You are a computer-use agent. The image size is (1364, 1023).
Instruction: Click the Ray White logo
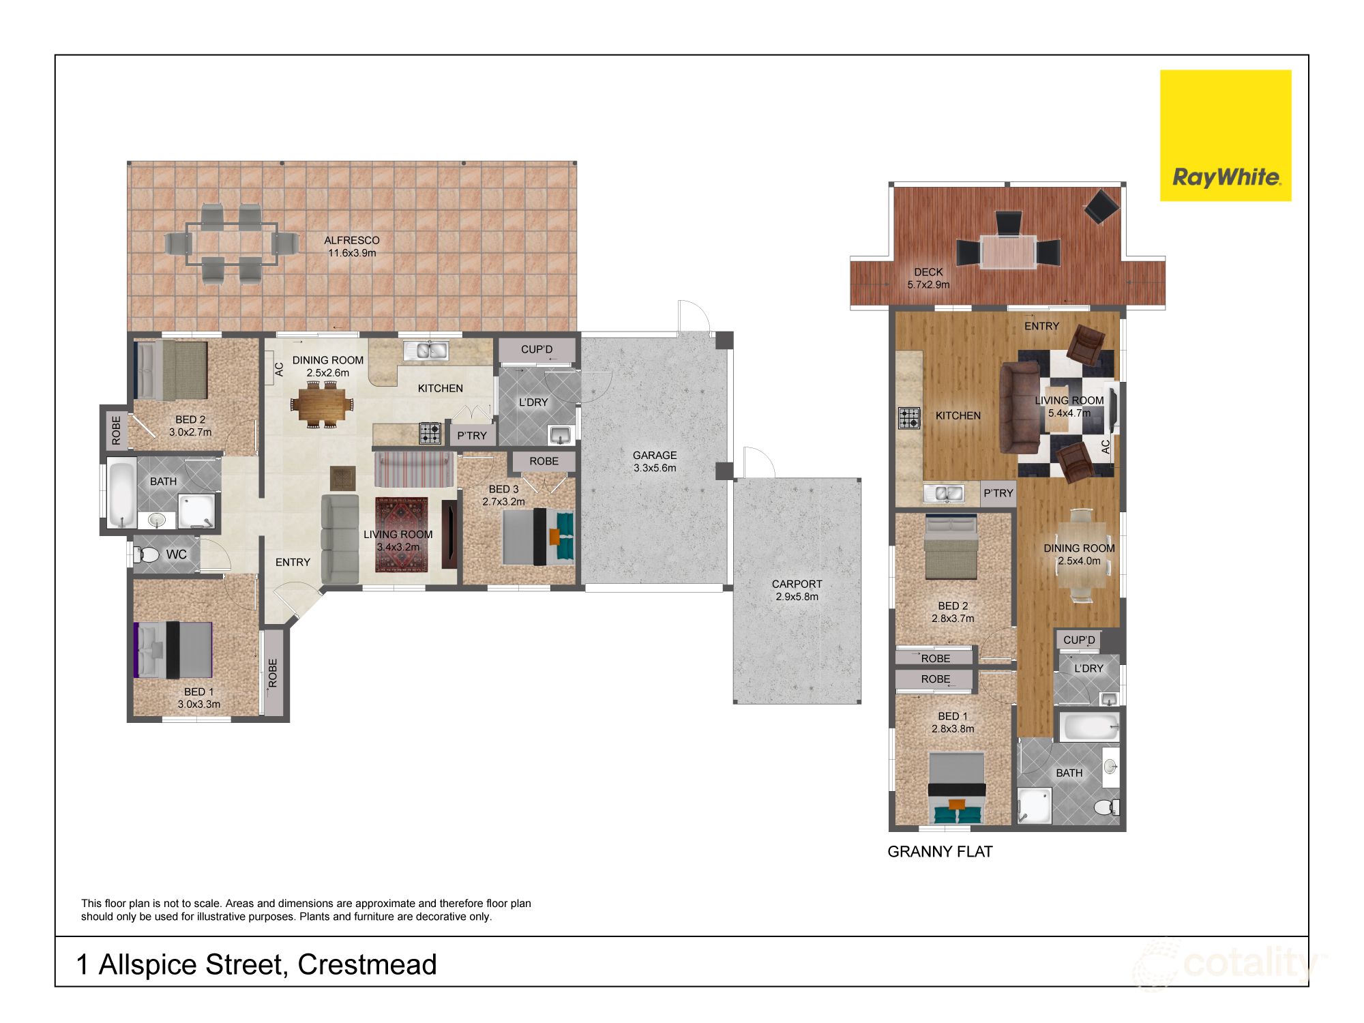(1226, 135)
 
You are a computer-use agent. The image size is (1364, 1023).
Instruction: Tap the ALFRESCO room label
(351, 240)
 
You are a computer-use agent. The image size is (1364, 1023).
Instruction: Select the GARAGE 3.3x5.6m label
(655, 461)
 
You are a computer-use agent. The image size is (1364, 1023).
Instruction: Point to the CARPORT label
(797, 584)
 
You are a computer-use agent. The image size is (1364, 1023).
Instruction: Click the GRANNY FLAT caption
(940, 851)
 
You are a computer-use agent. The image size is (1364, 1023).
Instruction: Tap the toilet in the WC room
(147, 554)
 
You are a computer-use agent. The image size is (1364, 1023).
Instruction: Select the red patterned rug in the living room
(401, 535)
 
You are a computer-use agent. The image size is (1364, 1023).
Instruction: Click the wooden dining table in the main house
(323, 405)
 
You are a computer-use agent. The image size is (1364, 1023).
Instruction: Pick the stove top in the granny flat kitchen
(909, 417)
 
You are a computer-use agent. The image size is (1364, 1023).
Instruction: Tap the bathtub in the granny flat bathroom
(1088, 728)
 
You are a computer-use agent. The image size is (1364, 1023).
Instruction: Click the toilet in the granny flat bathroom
(1106, 807)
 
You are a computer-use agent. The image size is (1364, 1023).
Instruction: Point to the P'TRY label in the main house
(472, 435)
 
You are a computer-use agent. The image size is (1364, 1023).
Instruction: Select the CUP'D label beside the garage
(537, 349)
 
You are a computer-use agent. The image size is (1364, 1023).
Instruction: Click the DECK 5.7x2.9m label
(928, 278)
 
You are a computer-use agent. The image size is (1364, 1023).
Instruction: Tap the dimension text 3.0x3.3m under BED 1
(199, 704)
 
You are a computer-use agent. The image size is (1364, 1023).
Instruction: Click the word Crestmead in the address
(367, 964)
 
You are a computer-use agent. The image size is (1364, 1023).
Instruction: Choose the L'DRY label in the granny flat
(1088, 668)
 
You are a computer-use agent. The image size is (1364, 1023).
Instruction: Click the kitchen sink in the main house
(425, 350)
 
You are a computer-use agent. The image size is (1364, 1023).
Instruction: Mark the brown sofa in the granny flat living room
(1020, 408)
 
